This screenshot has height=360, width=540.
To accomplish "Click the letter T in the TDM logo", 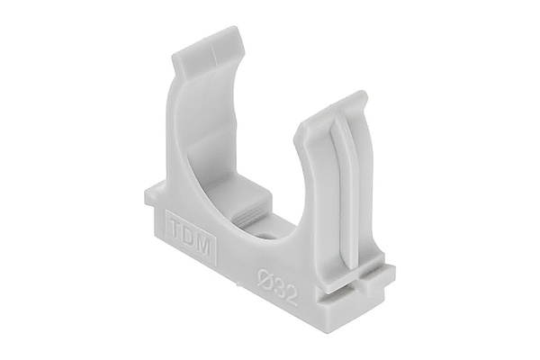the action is coord(175,228).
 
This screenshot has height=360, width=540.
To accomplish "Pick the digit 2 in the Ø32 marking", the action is coord(291,293).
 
